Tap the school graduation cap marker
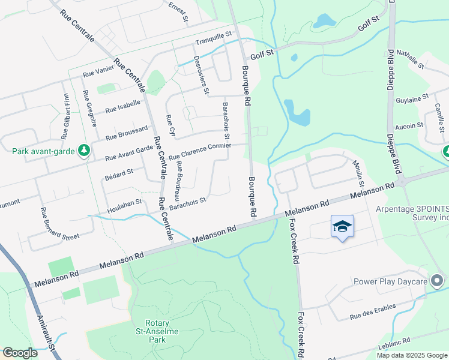pyautogui.click(x=342, y=226)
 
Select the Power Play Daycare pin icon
pyautogui.click(x=438, y=281)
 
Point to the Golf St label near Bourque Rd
pyautogui.click(x=262, y=54)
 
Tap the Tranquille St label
pyautogui.click(x=214, y=38)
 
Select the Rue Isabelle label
pyautogui.click(x=122, y=106)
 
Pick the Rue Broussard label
pyautogui.click(x=127, y=133)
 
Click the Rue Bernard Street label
pyautogui.click(x=59, y=223)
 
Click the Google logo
pyautogui.click(x=20, y=352)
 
